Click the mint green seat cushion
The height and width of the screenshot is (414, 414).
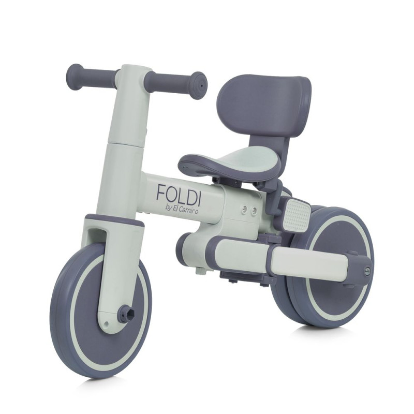[252, 158]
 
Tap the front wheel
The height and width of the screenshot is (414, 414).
[101, 309]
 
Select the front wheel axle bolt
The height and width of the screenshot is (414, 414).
[127, 313]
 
